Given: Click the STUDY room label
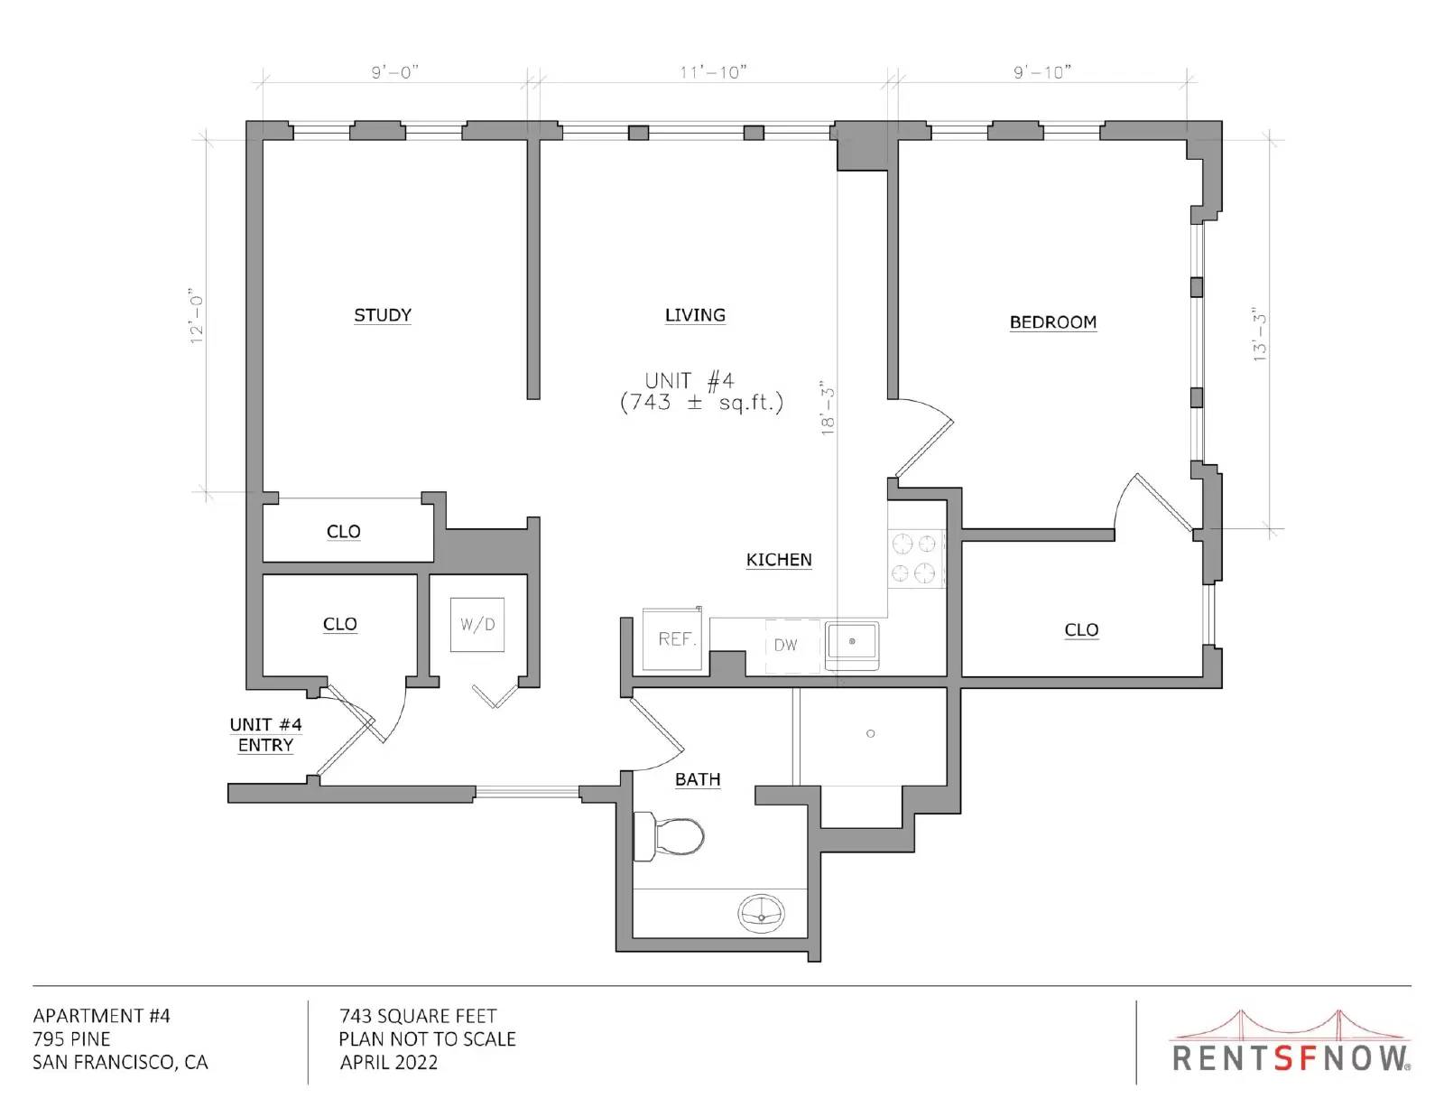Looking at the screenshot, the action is pos(382,314).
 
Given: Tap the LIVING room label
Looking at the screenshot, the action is pos(695,314).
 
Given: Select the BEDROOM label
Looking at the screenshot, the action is pos(1053,321).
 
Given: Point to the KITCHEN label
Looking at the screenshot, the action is pos(779,560).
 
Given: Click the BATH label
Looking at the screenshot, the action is pos(698,779).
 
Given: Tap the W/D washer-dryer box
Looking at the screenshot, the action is pos(477,624).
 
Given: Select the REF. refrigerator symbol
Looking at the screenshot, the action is pos(672,638).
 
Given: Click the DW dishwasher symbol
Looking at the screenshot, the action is pos(792,646).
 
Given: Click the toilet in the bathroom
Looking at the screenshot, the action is pos(669,836).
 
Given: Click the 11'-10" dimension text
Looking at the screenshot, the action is pos(713,72).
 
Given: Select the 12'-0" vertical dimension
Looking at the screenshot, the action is pos(198,316).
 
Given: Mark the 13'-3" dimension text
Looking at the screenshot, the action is pos(1259,334).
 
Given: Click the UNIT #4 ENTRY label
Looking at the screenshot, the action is pos(266,735).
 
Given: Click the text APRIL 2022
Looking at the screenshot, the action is pos(389,1063).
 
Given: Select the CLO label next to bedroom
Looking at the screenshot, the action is pos(1081,629).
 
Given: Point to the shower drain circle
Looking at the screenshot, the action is pos(871,733).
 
